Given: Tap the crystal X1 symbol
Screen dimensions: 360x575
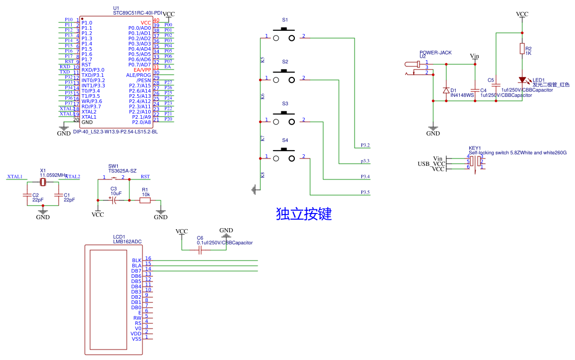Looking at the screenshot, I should [43, 182].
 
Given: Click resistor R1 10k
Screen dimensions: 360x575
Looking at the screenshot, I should [145, 200].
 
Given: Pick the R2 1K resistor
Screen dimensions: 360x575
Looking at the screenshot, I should [522, 49].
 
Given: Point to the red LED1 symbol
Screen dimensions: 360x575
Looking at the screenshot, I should [522, 80].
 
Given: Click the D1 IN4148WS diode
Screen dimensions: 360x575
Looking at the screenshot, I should [446, 91].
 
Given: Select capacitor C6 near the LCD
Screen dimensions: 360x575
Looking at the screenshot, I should [200, 250].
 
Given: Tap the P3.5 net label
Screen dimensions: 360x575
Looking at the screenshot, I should [365, 193].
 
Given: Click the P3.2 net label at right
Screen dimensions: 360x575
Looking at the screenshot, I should [365, 145].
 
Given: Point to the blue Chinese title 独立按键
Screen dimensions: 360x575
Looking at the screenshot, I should [304, 214].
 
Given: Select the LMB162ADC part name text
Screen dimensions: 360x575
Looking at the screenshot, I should [127, 242].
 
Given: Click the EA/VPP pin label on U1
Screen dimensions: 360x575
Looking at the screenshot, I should [142, 70].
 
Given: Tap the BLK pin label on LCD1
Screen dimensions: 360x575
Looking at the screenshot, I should [137, 260].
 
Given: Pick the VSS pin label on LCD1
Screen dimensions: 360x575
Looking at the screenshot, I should [137, 339].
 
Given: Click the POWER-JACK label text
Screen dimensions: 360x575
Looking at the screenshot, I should [435, 52].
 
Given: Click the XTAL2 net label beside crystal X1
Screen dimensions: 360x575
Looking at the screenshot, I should [72, 177].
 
